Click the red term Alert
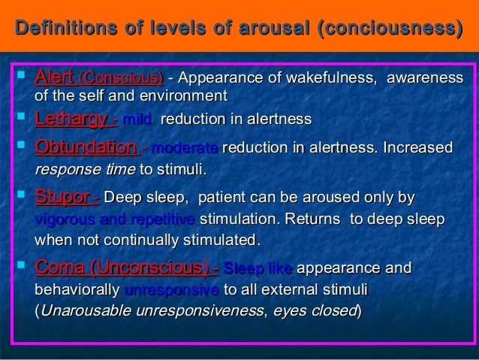(55, 77)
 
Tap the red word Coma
(61, 268)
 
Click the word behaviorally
(77, 289)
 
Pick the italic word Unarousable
(86, 310)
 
